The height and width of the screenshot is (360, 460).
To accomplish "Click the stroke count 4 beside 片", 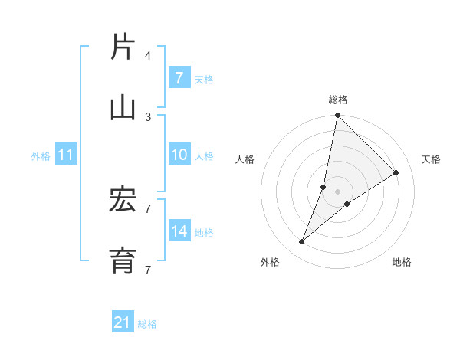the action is coord(148,55).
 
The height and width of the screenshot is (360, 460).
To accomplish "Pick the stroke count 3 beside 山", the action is coord(148,116).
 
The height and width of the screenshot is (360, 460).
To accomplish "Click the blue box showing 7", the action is coord(179,78).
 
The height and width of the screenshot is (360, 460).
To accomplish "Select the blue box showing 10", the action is coord(179,155).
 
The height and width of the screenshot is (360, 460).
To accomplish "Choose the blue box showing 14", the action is coord(179,231).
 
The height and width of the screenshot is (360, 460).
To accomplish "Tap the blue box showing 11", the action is coord(65,155).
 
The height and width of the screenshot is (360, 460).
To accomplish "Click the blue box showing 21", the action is coord(123,322).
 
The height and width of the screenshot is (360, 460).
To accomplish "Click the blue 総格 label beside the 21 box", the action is coord(148,324).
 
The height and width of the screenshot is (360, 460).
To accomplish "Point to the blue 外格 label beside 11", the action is coord(41,156).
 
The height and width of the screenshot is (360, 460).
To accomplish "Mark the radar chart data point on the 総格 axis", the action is coord(337,116).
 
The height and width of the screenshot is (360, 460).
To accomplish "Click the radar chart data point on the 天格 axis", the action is coord(396,173).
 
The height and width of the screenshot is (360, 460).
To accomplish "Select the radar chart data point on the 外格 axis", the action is coord(302,242).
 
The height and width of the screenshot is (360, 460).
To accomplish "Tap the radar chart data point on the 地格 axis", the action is coord(347,203).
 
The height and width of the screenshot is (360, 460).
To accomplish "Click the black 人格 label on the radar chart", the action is coord(245,159).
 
